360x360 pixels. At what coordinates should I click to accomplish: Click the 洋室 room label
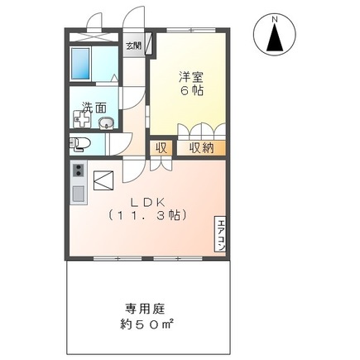[x=192, y=77]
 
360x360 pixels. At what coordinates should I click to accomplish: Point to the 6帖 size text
[x=192, y=92]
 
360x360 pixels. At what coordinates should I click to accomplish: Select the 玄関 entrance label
[x=132, y=46]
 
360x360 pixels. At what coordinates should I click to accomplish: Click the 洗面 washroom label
[x=94, y=107]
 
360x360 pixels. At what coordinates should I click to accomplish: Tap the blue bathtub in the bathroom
[x=81, y=61]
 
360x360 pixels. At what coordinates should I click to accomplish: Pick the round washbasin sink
[x=104, y=125]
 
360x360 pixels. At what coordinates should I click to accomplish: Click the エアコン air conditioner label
[x=221, y=234]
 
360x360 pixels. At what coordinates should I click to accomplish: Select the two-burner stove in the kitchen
[x=78, y=171]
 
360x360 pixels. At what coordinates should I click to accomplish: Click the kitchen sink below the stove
[x=78, y=195]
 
